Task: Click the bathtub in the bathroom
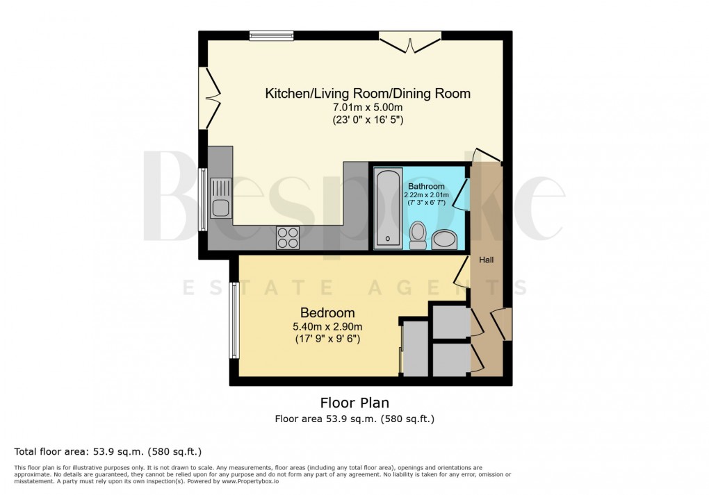point(387,208)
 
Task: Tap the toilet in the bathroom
point(418,235)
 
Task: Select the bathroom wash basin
point(445,240)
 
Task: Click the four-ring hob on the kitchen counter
point(288,237)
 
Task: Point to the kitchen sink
point(220,198)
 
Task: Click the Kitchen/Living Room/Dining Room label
point(368,93)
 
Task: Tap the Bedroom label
point(327,312)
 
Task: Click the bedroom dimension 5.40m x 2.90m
point(327,326)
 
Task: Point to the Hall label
point(486,260)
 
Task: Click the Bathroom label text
point(426,187)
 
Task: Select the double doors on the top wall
point(410,42)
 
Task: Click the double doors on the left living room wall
point(209,98)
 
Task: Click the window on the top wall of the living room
point(272,35)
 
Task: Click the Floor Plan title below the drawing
point(354,403)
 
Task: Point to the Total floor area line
point(108,451)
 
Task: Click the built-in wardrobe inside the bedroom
point(415,348)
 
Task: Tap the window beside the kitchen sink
point(203,199)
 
